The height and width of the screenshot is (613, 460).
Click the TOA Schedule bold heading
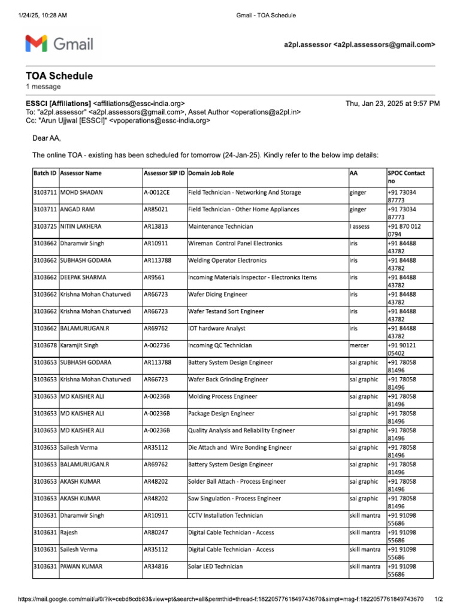coord(59,76)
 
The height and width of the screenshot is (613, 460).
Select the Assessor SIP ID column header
coord(164,173)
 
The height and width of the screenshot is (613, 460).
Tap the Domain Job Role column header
coord(211,173)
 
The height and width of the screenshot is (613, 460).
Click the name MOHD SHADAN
coord(81,193)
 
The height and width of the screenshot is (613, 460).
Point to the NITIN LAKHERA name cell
coord(81,226)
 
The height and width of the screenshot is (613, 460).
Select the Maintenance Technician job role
coord(220,226)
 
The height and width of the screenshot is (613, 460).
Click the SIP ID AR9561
coord(155,278)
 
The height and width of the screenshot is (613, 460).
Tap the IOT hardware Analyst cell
coord(217,329)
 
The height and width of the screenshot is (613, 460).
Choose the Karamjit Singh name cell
coord(80,345)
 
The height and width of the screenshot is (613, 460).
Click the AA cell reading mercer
coord(360,345)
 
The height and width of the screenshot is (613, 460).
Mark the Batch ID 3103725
coord(45,226)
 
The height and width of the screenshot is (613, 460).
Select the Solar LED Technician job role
coord(216,566)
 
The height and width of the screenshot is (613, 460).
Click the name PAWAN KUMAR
coord(81,566)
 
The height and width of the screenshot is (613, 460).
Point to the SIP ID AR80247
coord(156,532)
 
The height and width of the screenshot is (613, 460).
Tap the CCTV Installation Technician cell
coord(225,515)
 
